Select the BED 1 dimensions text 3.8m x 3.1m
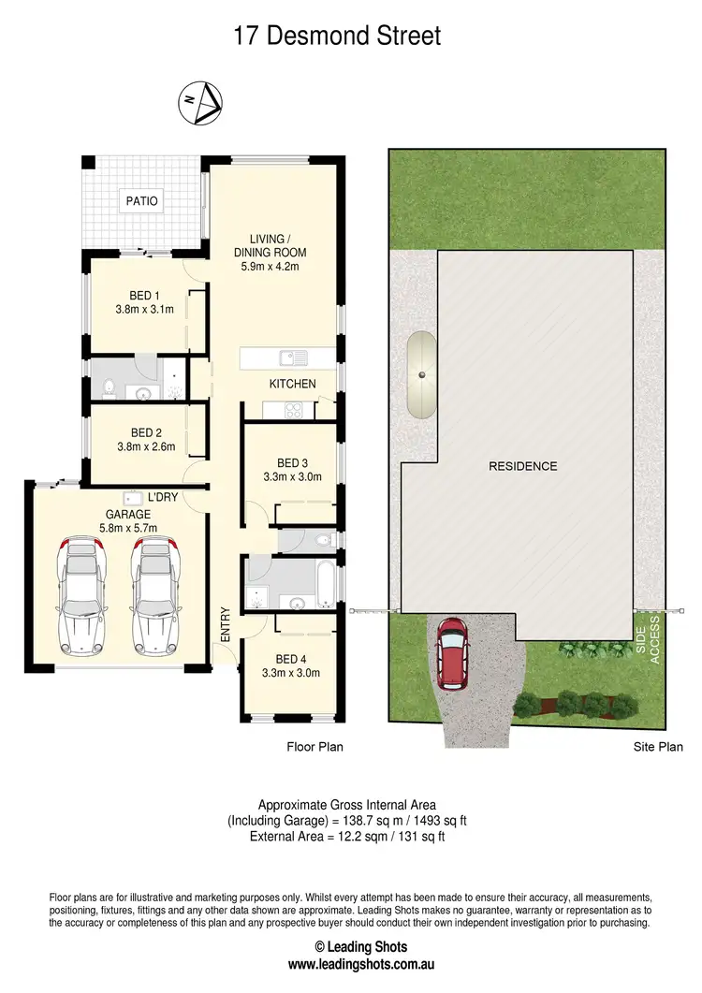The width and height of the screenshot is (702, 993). click(144, 310)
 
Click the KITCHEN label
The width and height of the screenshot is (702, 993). click(292, 384)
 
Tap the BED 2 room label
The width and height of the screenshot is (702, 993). click(146, 432)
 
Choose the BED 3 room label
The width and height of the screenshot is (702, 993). click(292, 462)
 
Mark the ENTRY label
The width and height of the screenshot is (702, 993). click(225, 623)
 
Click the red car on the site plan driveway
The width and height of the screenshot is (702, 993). click(454, 653)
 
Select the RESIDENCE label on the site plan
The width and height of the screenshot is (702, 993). click(522, 466)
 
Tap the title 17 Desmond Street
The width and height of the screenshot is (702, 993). click(336, 37)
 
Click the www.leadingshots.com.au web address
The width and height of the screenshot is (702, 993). click(350, 964)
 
